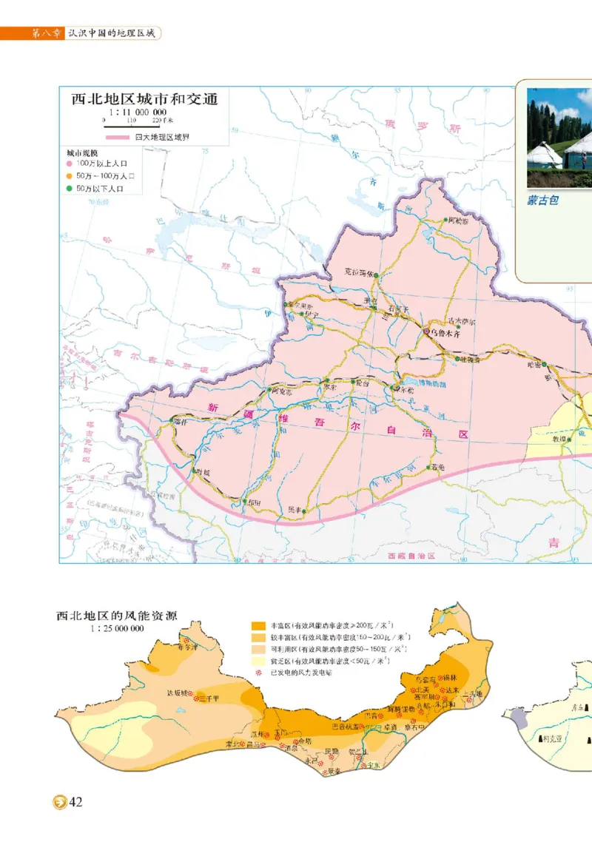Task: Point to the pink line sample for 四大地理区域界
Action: tap(118, 137)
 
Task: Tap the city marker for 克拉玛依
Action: tap(376, 275)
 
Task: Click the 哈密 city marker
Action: tap(545, 364)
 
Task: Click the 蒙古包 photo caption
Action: tap(542, 200)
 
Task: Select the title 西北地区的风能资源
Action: tap(122, 615)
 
